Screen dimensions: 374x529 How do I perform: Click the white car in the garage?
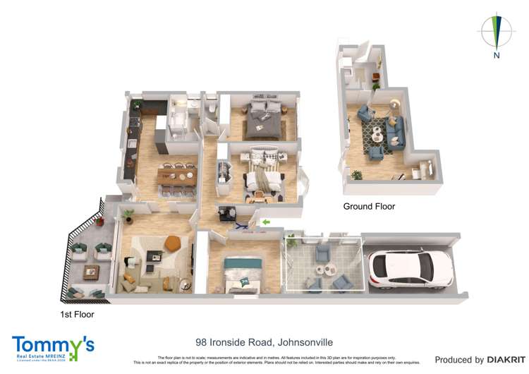401,269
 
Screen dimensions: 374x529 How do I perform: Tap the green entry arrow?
265,223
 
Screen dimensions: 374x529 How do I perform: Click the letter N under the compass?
497,55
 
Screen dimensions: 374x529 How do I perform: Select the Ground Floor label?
369,207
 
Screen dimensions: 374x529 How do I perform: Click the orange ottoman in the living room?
172,243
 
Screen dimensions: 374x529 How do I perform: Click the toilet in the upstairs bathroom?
209,110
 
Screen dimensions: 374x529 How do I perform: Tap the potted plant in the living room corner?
128,213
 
